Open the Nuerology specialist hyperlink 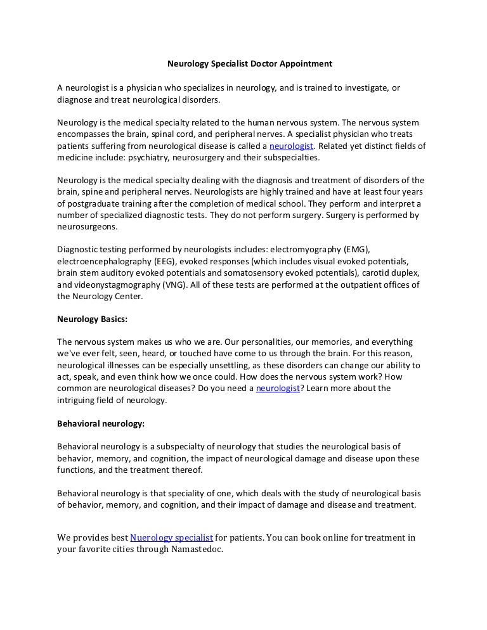[171, 537]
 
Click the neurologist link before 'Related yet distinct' [291, 146]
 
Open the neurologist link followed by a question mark [278, 389]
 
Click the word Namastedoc [197, 550]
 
